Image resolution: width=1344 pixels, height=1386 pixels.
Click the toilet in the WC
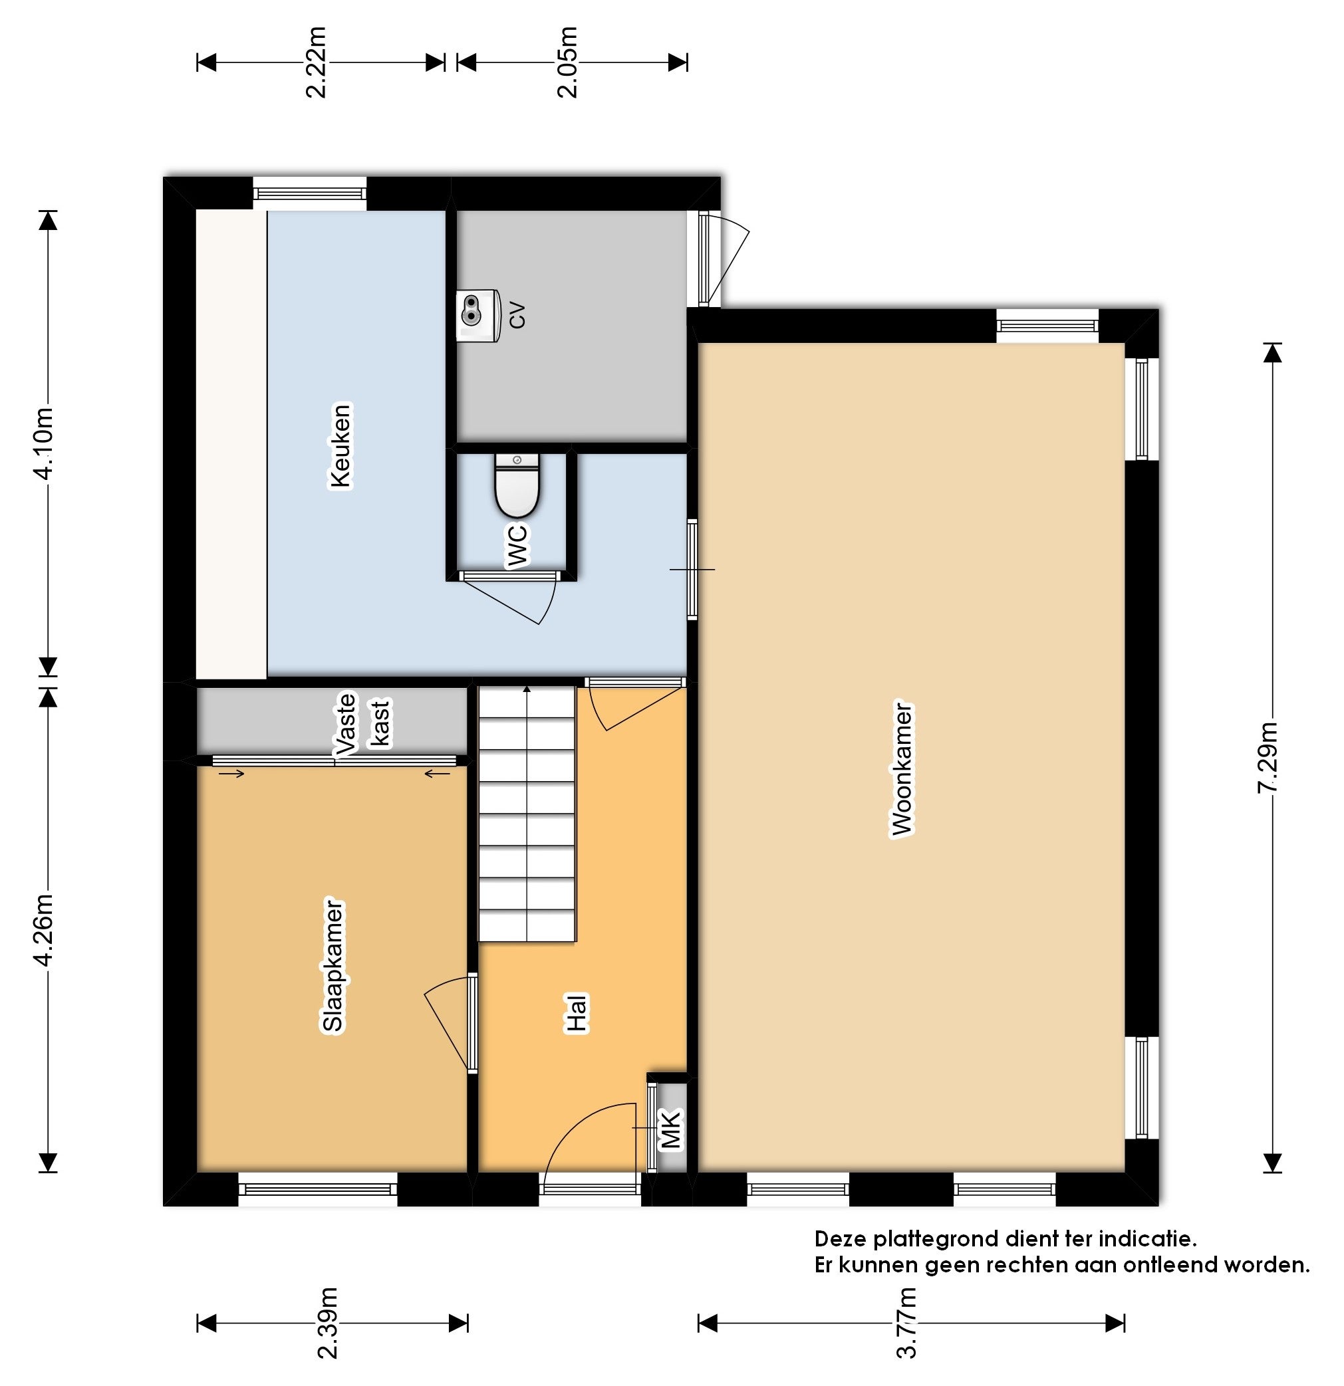pos(517,485)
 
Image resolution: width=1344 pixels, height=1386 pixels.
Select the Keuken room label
pos(340,445)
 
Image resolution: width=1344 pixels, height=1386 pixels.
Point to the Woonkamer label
pos(902,768)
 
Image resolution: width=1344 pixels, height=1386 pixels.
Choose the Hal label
pos(577,1014)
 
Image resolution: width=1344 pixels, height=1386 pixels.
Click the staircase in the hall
pos(527,813)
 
